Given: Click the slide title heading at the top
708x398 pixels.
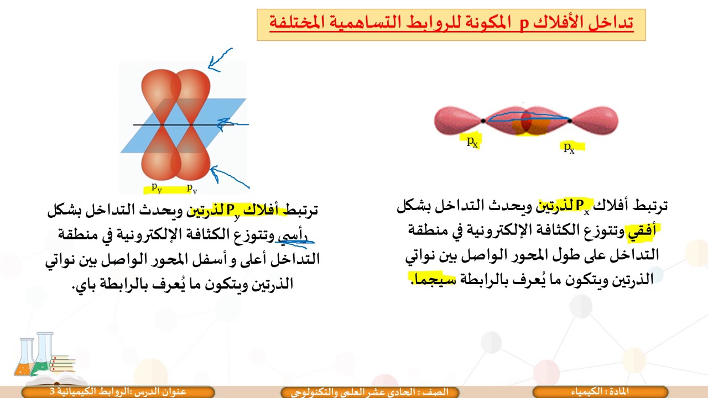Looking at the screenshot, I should [451, 24].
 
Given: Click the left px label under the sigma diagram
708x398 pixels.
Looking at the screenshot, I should [472, 142].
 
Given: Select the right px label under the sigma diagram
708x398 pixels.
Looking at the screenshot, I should [569, 147].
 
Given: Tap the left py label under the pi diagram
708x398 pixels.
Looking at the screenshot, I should [157, 188].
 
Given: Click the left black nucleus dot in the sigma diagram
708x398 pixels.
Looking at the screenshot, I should [483, 121].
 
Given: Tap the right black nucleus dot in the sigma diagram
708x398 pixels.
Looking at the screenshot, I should [570, 120].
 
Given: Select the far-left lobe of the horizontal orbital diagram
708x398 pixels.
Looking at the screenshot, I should [456, 121].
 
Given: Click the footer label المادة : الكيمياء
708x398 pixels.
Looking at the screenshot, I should [601, 392].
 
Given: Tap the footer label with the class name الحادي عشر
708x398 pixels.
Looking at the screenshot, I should [370, 392].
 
